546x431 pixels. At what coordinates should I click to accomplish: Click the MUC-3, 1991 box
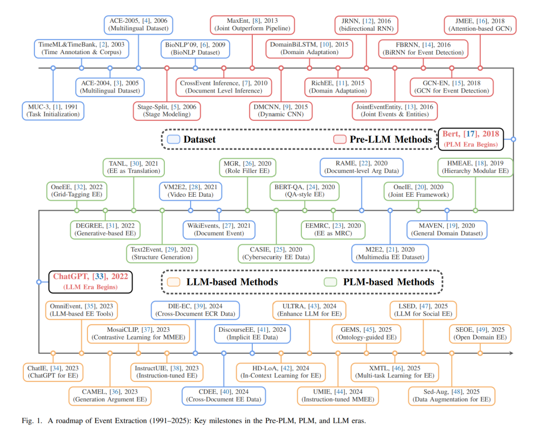pos(53,110)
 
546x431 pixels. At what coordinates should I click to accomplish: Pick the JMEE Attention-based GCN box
pos(480,24)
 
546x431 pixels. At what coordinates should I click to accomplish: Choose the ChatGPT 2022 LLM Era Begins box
pos(90,281)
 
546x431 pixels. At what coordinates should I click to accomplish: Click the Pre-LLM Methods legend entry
pos(383,139)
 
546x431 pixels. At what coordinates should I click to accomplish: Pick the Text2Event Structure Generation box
pos(162,253)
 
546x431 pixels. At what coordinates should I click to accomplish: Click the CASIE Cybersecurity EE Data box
pos(276,253)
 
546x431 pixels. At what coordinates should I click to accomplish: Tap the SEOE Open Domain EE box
pos(480,333)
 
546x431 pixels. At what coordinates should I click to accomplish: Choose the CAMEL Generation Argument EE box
pos(110,396)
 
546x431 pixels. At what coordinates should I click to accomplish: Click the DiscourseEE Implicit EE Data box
pos(252,333)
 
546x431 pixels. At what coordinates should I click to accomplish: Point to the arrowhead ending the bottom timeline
pos(511,353)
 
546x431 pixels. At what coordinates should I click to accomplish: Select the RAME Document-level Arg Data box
pos(361,166)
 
